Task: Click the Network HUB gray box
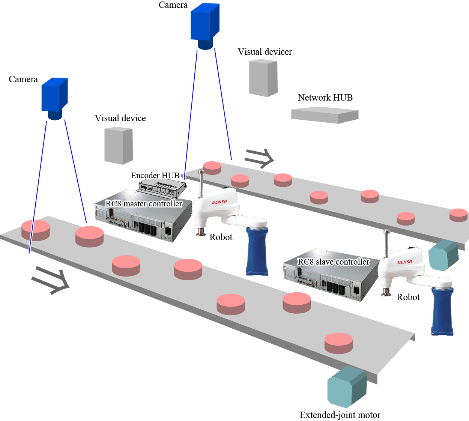click(x=325, y=115)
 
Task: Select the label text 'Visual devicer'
click(x=265, y=52)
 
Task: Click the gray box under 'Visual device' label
click(x=118, y=146)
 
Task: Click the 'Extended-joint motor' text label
click(x=340, y=415)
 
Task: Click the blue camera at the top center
click(x=205, y=24)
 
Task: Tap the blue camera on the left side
click(x=54, y=96)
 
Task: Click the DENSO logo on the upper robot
click(x=219, y=202)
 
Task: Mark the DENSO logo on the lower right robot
click(x=404, y=262)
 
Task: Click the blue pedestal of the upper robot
click(x=257, y=250)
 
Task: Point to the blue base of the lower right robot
click(x=442, y=311)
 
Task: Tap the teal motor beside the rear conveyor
click(x=443, y=256)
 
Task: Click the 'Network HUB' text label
click(x=325, y=98)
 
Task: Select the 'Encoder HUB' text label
click(x=155, y=175)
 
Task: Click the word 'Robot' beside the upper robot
click(x=221, y=237)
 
